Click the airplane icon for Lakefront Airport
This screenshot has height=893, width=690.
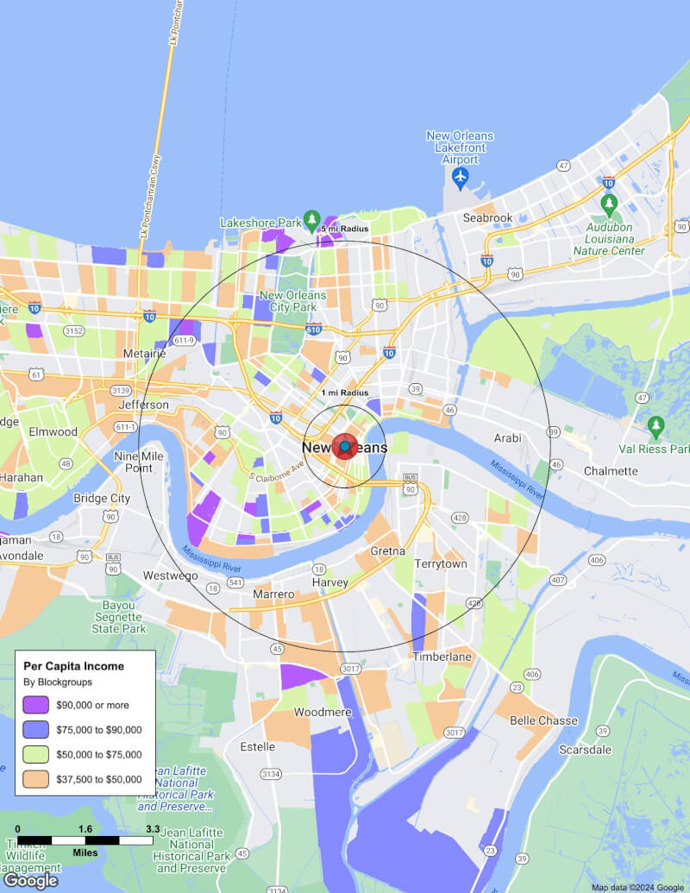(460, 177)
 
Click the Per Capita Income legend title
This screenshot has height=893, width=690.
(73, 666)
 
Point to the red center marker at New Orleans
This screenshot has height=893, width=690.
(344, 446)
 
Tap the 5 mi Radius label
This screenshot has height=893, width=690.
(344, 229)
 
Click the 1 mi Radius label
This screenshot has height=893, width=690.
(344, 393)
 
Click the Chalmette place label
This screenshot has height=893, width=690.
(611, 471)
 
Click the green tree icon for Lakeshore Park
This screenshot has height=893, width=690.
(312, 220)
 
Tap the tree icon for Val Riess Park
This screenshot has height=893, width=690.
(655, 425)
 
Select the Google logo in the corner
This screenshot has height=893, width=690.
(30, 880)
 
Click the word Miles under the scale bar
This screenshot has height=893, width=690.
(85, 852)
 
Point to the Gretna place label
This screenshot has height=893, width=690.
(387, 551)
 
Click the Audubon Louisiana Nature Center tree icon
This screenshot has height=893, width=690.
(609, 204)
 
